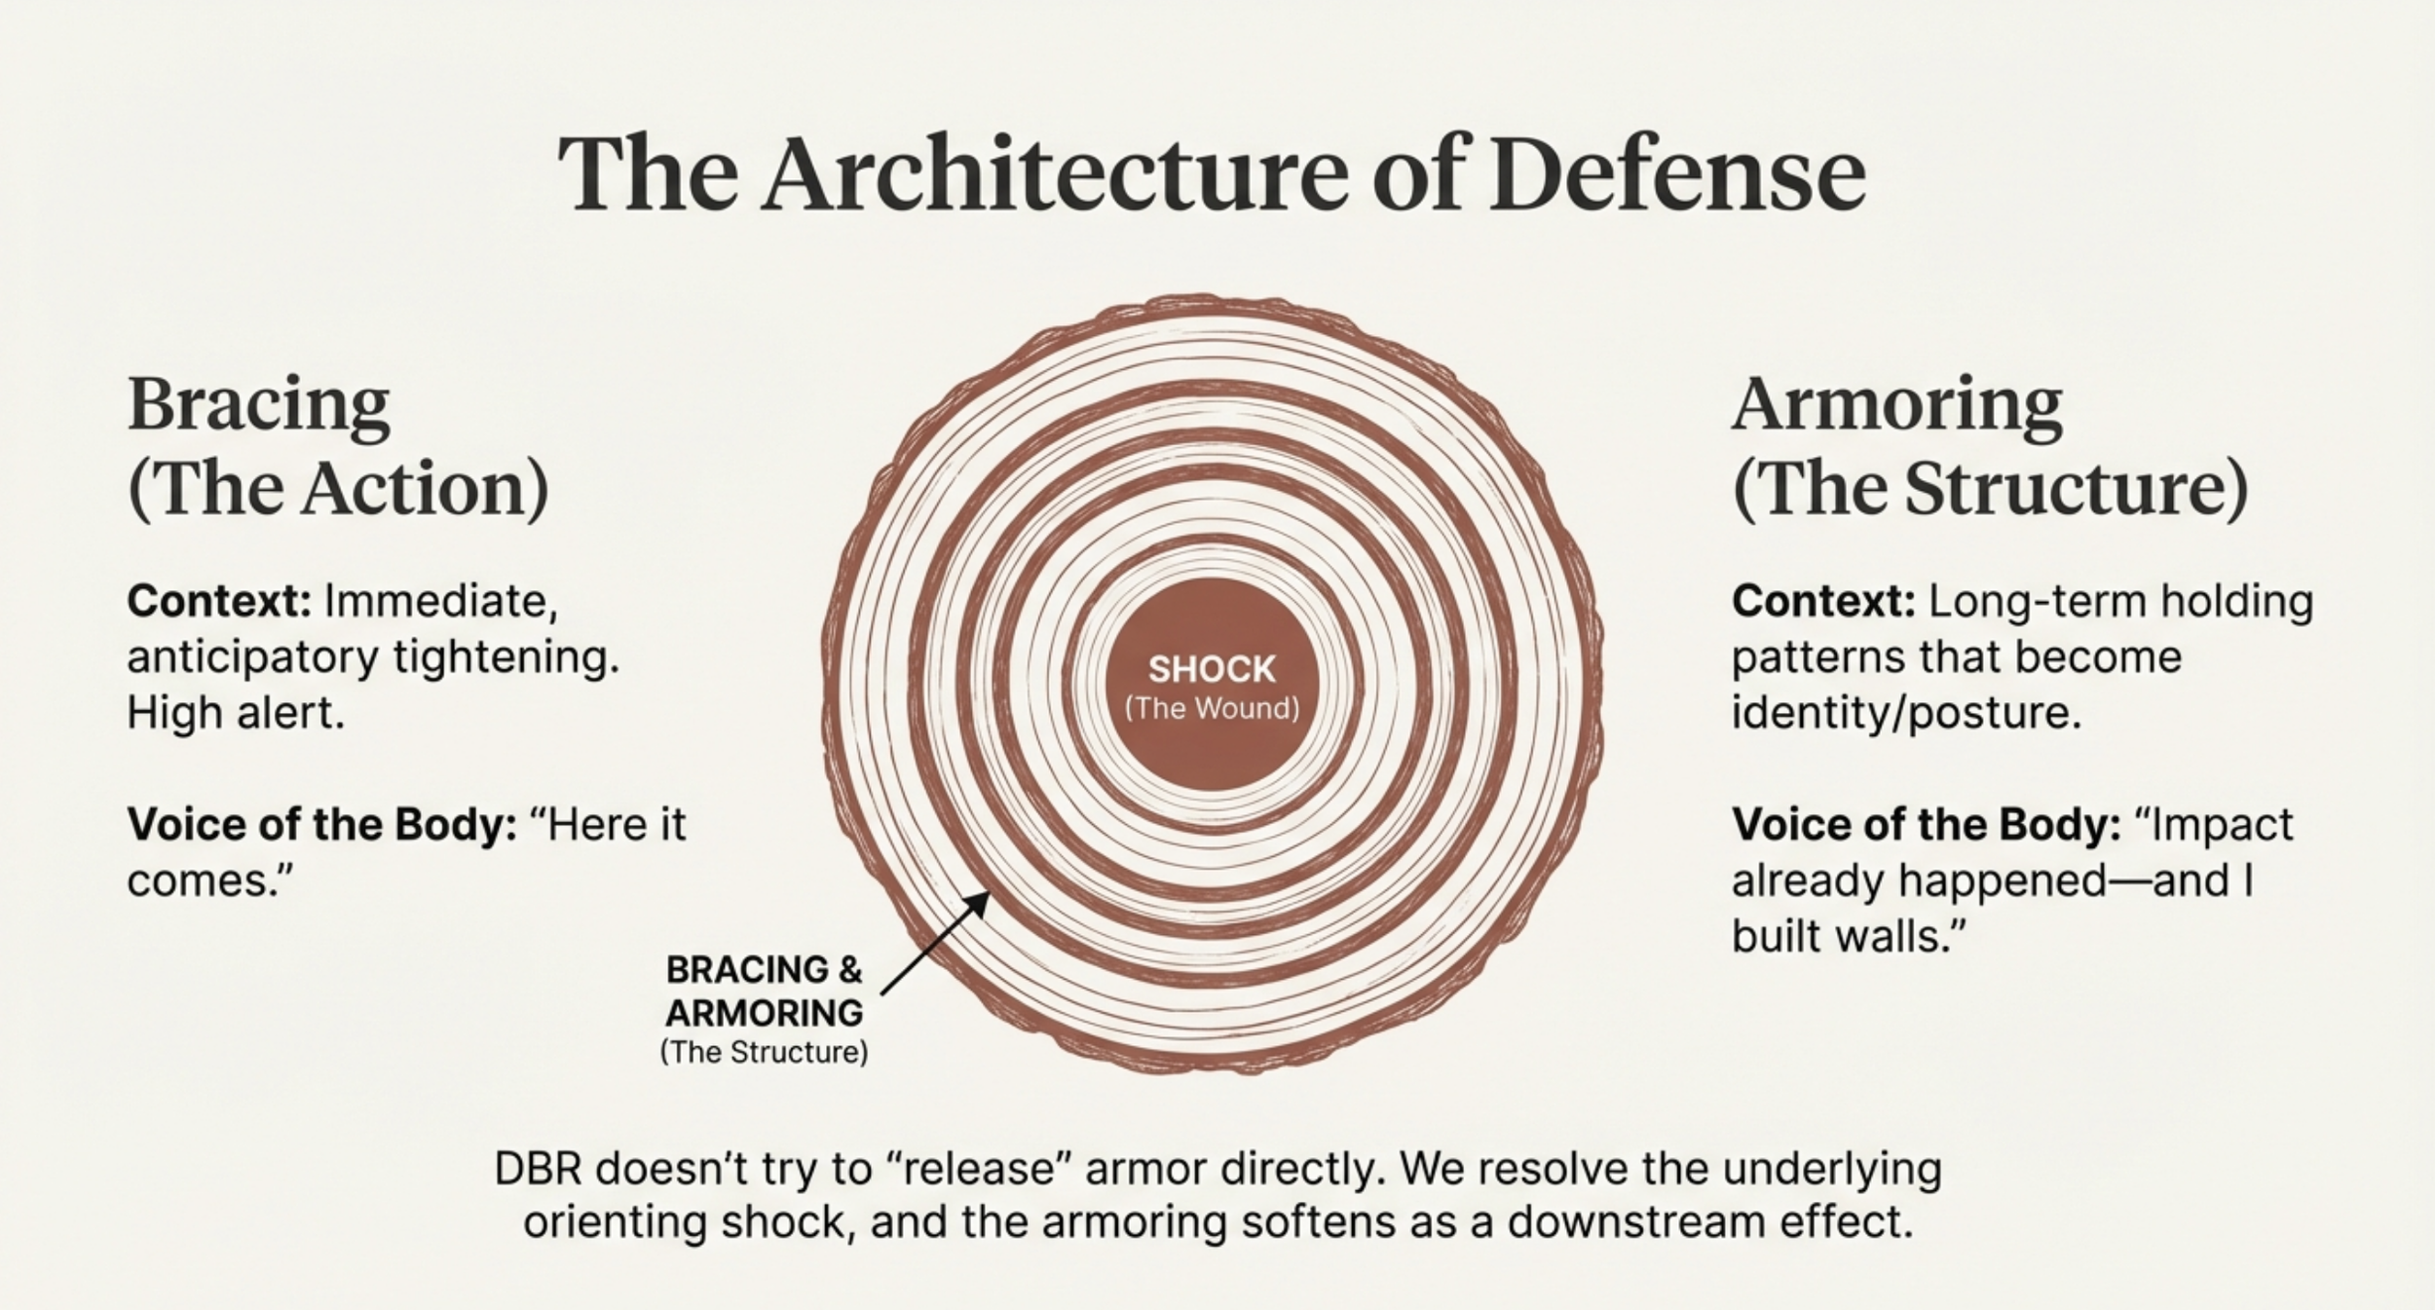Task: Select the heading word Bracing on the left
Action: pyautogui.click(x=258, y=404)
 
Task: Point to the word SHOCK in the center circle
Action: pyautogui.click(x=1212, y=669)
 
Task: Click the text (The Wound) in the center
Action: pyautogui.click(x=1212, y=708)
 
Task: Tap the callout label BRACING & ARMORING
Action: pyautogui.click(x=764, y=991)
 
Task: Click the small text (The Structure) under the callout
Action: pyautogui.click(x=764, y=1053)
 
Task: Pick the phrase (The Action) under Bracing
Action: pyautogui.click(x=338, y=488)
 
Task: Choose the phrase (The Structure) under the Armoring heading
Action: pyautogui.click(x=1991, y=488)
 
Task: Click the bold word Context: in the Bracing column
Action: pyautogui.click(x=219, y=601)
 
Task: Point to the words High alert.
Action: pyautogui.click(x=236, y=714)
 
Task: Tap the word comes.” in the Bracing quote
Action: pyautogui.click(x=210, y=881)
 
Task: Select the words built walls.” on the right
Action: pyautogui.click(x=1849, y=937)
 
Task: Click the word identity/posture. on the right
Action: pyautogui.click(x=1906, y=714)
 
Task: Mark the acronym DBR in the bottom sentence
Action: pyautogui.click(x=538, y=1169)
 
